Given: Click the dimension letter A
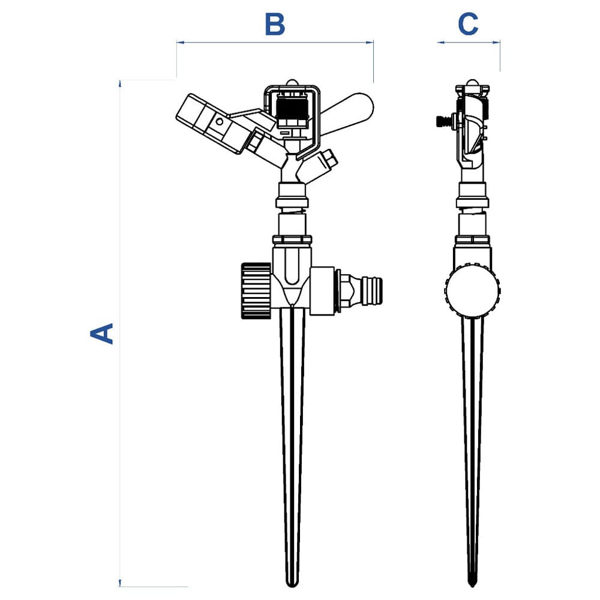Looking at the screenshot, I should (101, 333).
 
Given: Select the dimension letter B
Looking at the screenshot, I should (275, 25).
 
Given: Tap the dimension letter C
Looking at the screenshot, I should (468, 25).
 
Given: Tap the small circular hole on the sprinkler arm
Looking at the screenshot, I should (219, 121).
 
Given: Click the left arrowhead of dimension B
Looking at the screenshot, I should (179, 43).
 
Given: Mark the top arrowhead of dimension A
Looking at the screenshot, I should (121, 83).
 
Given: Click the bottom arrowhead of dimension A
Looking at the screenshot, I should (121, 583).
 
